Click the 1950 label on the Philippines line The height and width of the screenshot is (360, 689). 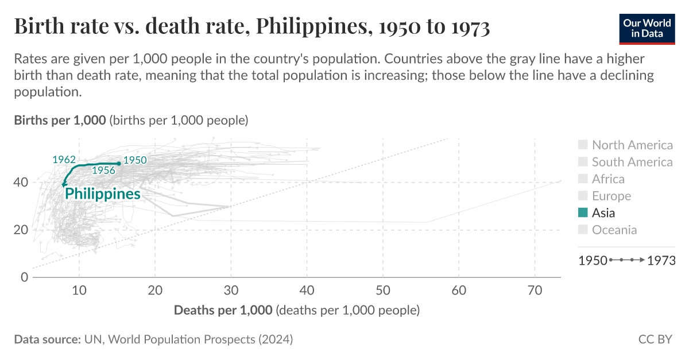(x=135, y=161)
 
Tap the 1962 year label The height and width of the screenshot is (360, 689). (x=64, y=160)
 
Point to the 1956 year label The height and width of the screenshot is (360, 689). (x=104, y=171)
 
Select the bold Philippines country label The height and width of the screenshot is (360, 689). (x=102, y=194)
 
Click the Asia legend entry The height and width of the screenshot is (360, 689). (x=603, y=213)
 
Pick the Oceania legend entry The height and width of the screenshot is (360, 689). (x=614, y=230)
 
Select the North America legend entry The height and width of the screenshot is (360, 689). (x=632, y=145)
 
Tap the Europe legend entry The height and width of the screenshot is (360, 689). (x=611, y=196)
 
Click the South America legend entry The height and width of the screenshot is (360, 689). (x=632, y=162)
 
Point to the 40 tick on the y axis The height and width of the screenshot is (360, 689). (x=22, y=183)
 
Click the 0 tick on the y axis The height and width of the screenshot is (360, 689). (x=25, y=277)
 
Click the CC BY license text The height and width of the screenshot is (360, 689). (x=655, y=339)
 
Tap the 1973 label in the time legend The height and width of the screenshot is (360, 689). (x=660, y=260)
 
